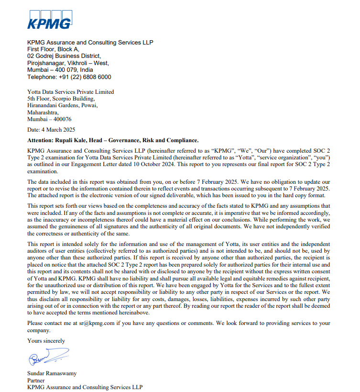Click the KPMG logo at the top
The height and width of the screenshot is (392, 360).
point(49,21)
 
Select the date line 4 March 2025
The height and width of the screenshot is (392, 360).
point(51,130)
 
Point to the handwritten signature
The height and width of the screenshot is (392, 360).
point(48,357)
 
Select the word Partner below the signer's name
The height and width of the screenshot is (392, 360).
point(36,380)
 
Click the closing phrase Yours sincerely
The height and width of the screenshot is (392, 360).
point(46,341)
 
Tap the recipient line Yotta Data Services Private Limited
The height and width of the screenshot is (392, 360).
point(70,92)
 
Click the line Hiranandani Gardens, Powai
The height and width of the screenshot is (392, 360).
point(63,106)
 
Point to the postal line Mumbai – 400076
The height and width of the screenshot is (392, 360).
point(49,119)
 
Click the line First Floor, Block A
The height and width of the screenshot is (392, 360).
point(53,49)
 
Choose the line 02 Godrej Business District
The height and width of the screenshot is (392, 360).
point(64,56)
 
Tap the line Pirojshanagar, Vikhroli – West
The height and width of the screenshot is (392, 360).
point(68,63)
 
